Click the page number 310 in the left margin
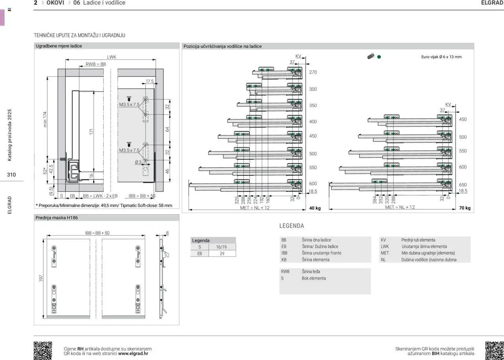11,175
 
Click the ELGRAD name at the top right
492,3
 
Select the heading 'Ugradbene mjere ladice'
59,46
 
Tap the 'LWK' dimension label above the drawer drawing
111,57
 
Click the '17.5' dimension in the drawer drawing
150,81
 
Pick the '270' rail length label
313,72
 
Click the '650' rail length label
463,185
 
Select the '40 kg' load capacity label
315,208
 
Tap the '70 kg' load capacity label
465,208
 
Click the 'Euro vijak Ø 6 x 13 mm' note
441,57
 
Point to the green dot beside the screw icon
379,57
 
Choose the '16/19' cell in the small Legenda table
221,247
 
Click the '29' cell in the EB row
222,254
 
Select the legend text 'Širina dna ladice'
316,240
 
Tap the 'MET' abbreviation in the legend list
385,253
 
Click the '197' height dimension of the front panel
41,278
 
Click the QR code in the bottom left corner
43,350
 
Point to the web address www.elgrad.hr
133,353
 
